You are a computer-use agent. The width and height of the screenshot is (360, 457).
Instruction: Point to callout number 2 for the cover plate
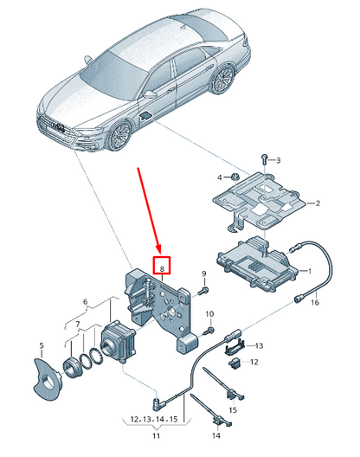[x=318, y=204]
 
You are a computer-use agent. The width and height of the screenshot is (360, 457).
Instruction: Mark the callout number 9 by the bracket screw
[x=204, y=276]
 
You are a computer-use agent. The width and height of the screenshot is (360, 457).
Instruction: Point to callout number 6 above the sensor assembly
[x=85, y=302]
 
